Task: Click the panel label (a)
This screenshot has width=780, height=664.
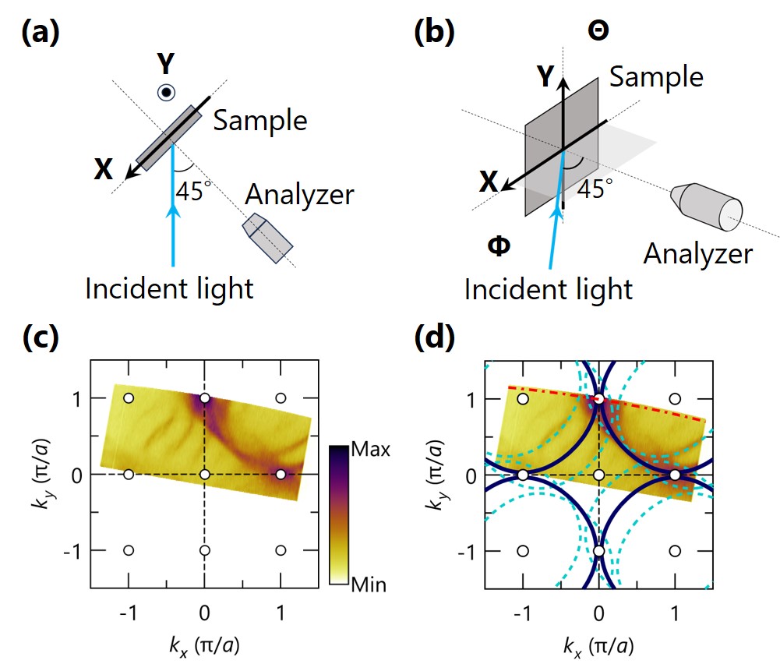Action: [41, 34]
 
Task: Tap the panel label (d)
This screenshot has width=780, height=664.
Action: [434, 337]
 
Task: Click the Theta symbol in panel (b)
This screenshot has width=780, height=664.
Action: [598, 31]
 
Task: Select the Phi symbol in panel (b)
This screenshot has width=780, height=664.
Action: [499, 245]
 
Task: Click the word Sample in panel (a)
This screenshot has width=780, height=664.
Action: [260, 121]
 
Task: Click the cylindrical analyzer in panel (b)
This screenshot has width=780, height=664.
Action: [707, 207]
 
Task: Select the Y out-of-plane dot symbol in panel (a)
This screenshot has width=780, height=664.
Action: [166, 93]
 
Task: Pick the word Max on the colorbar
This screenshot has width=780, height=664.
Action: [371, 449]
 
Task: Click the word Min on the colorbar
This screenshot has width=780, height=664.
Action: [369, 585]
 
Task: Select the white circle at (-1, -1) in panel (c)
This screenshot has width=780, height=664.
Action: [129, 550]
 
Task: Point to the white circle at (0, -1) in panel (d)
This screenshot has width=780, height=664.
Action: [599, 551]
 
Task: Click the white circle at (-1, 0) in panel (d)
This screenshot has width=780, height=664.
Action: [523, 475]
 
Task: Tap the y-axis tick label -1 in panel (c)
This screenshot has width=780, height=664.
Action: [73, 551]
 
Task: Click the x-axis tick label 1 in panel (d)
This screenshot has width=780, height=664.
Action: [675, 613]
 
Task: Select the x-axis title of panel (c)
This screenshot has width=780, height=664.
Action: [204, 646]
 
